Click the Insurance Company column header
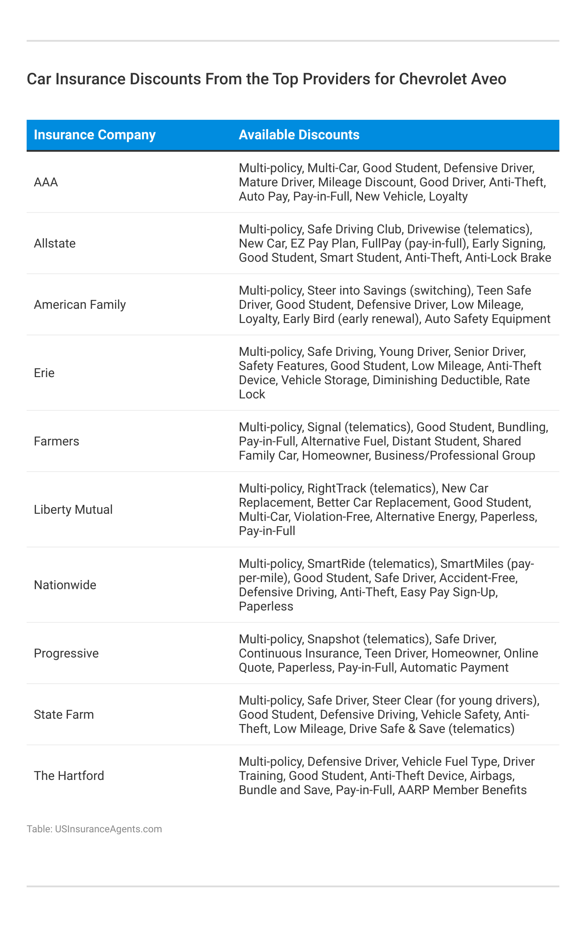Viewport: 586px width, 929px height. click(x=95, y=135)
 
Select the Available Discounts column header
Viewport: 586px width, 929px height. click(x=299, y=135)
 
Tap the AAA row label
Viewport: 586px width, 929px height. click(x=46, y=182)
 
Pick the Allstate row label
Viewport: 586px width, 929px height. click(x=55, y=244)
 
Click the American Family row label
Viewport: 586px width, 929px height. click(x=79, y=305)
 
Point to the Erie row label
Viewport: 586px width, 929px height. click(x=44, y=373)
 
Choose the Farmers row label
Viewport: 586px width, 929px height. click(x=56, y=441)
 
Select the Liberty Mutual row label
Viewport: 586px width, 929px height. click(x=73, y=510)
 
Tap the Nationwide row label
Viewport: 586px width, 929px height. click(x=65, y=585)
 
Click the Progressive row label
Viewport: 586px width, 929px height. click(x=66, y=653)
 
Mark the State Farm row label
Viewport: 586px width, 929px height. click(x=63, y=715)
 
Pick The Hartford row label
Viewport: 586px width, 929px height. click(x=69, y=776)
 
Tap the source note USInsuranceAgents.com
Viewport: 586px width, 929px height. click(x=108, y=829)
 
